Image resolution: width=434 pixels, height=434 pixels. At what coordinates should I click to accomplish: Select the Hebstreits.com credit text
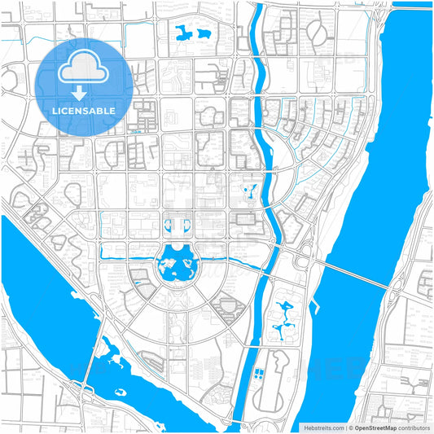pos(322,427)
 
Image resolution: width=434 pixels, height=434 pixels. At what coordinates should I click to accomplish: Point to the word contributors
pos(414,427)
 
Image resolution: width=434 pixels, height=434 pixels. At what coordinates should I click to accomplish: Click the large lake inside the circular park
pos(178,265)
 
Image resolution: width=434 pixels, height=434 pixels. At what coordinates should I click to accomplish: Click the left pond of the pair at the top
pos(182,33)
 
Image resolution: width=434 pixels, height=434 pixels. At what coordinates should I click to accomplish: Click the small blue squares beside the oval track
pos(259,374)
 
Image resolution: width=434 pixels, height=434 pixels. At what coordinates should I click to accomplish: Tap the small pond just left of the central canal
pos(250,193)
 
